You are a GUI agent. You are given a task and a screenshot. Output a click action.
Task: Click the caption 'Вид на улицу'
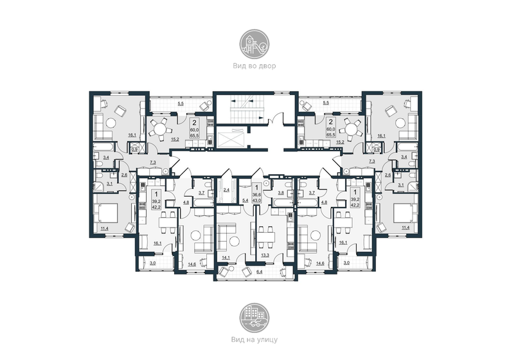pos(254,338)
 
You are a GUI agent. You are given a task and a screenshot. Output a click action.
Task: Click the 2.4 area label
pos(226,190)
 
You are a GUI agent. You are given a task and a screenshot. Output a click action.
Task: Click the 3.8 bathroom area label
pos(280,192)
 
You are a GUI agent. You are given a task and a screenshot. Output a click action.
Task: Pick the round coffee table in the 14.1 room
pos(235,240)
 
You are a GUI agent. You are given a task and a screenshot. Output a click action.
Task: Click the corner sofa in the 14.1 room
pos(223,235)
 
